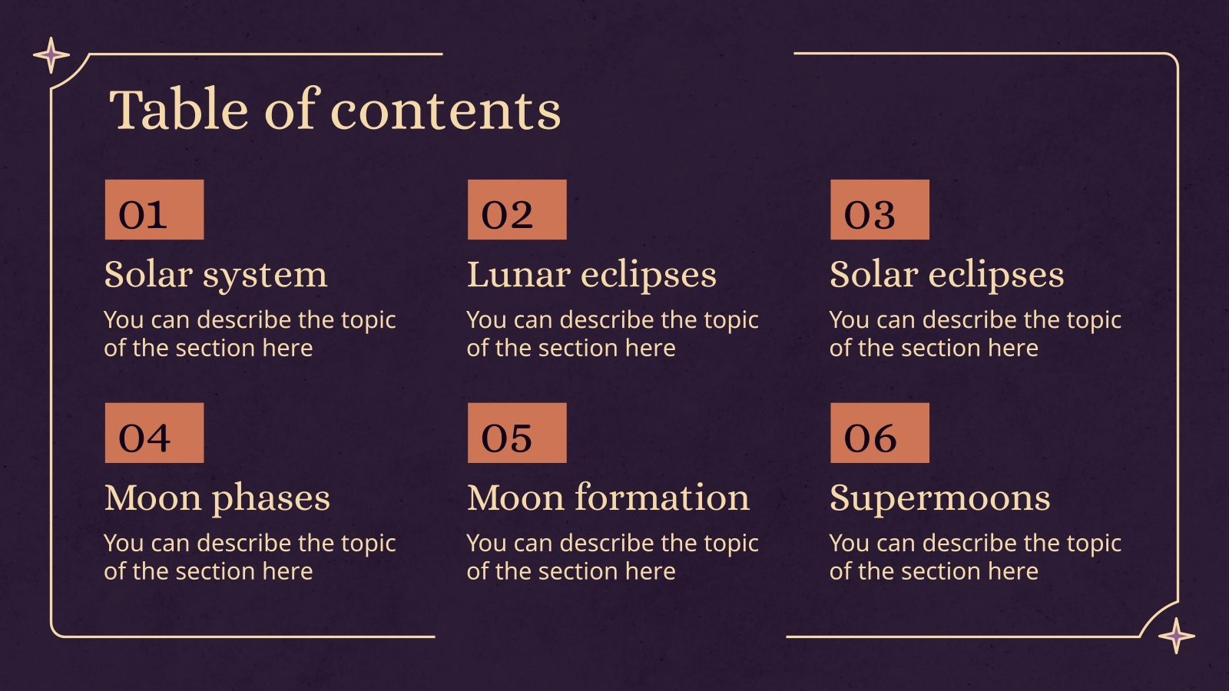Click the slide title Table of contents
335,110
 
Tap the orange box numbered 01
154,210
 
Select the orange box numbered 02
517,210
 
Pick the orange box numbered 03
880,210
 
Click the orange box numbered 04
154,433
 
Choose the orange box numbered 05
517,433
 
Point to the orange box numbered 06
880,433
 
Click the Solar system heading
216,275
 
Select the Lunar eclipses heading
591,275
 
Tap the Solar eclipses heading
946,275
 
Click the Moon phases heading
217,498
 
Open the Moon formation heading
608,498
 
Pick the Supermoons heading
939,498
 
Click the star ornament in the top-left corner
51,55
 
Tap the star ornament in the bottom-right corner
1176,636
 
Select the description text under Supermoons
975,557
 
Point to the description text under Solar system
249,333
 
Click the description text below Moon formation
612,557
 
